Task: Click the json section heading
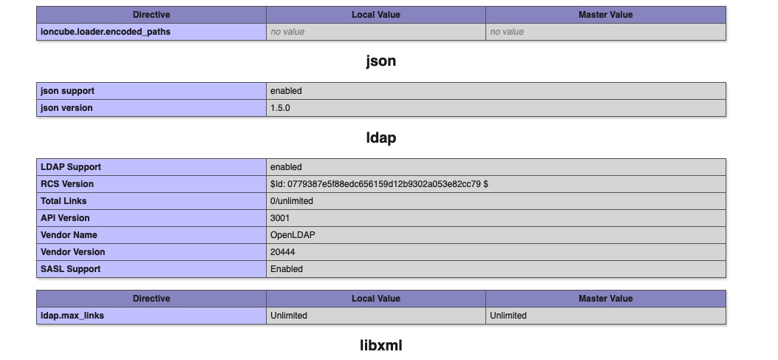381,61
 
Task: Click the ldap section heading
381,137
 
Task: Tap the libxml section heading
381,345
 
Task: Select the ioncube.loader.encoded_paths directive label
105,32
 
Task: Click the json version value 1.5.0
280,108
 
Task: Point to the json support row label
67,91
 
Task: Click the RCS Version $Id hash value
379,184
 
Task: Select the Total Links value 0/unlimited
292,201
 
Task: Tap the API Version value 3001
280,218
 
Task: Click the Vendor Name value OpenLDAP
293,235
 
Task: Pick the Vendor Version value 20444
282,252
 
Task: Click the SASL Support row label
70,268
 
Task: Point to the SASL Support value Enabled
286,268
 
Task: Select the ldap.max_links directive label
72,316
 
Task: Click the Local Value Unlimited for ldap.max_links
289,316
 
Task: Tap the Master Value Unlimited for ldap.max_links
508,316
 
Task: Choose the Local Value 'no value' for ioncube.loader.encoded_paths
287,32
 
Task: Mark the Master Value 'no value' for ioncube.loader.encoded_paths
507,32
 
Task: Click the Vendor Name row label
69,235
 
